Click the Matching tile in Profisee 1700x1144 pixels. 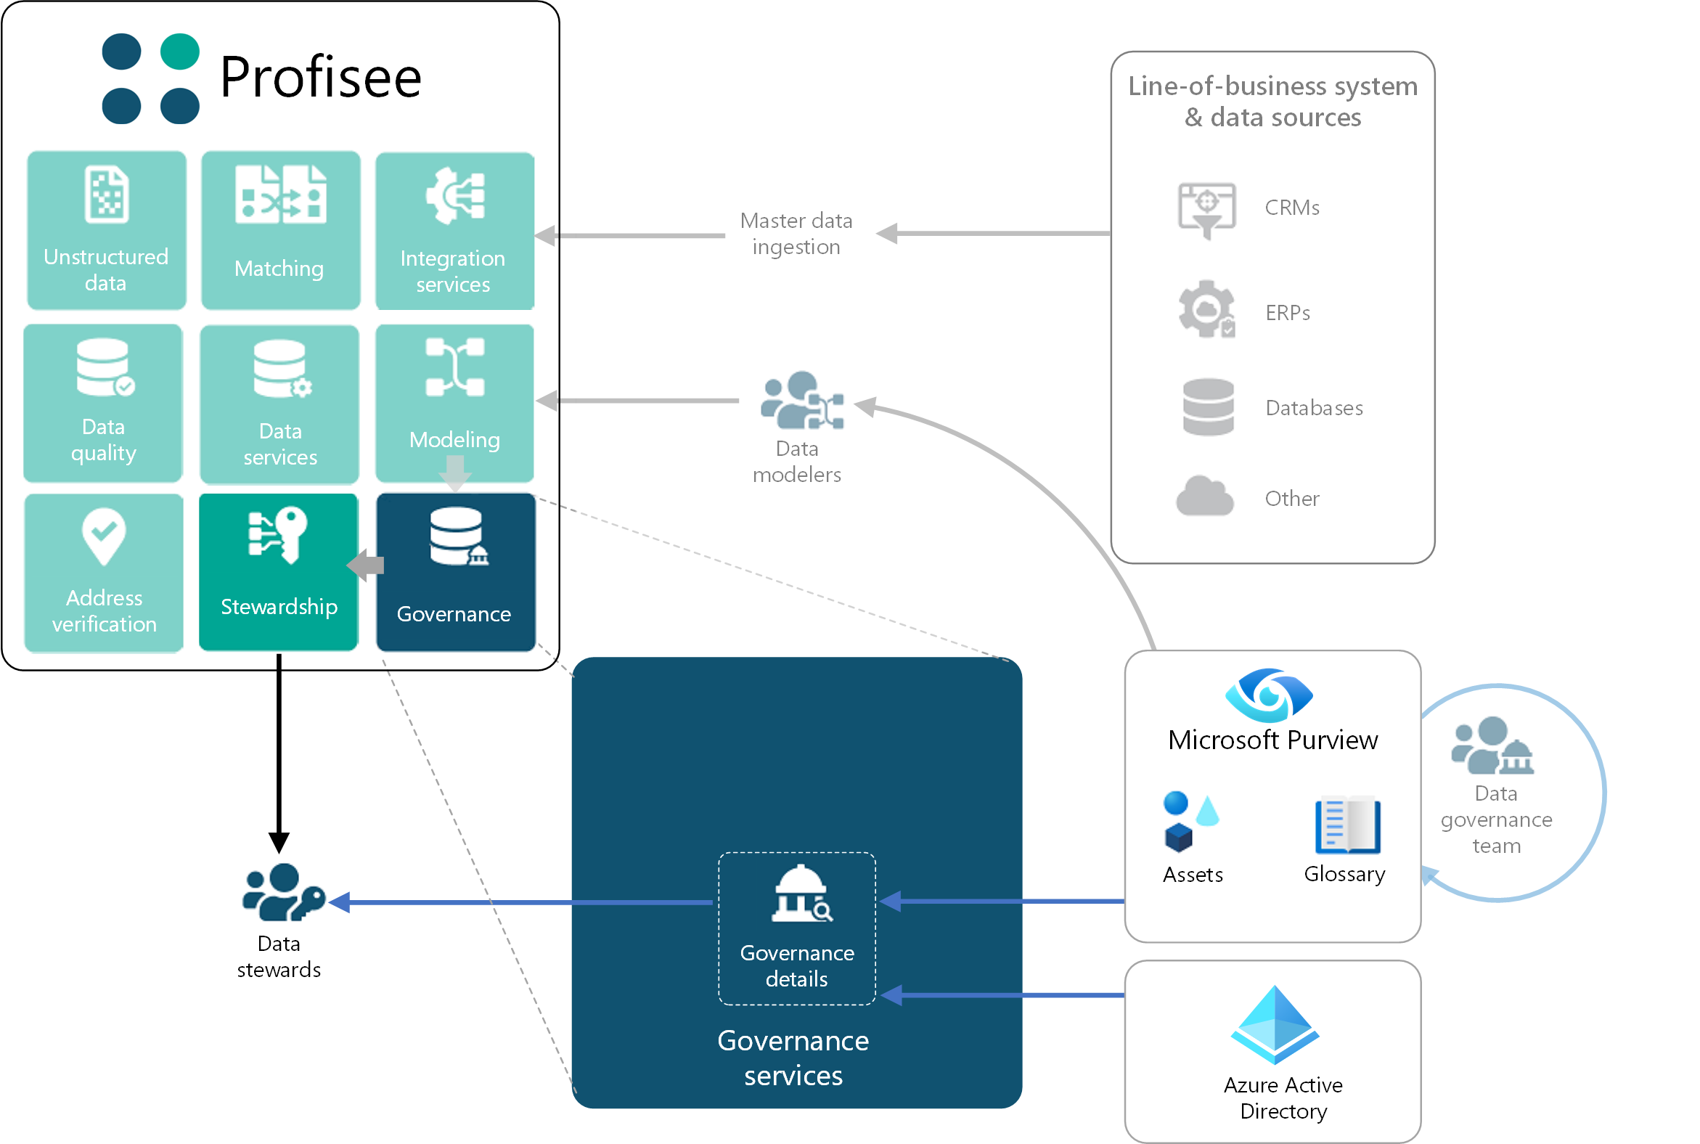coord(280,230)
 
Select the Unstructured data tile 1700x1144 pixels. coord(107,230)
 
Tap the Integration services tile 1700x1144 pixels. coord(454,230)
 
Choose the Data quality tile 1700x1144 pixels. coord(103,402)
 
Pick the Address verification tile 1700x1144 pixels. coord(104,572)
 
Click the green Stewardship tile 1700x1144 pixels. coord(278,571)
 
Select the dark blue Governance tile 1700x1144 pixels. coord(455,572)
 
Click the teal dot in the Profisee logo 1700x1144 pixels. coord(179,52)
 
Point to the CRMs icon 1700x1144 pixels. coord(1206,210)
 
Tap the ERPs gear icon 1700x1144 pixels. coord(1206,309)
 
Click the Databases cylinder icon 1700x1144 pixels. coord(1208,407)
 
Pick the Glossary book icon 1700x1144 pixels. coord(1347,825)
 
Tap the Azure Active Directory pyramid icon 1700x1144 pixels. coord(1274,1025)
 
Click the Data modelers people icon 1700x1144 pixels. coord(801,401)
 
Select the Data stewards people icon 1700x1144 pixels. coord(282,892)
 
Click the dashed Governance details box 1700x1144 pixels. coord(796,928)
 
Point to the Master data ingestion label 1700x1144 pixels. coord(796,234)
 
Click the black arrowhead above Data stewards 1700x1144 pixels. coord(279,842)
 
